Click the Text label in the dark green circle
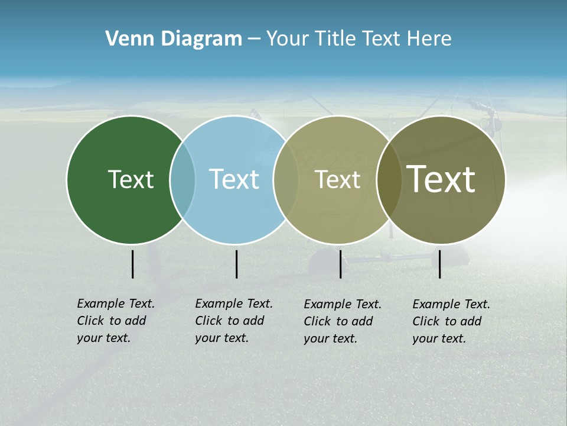(x=131, y=179)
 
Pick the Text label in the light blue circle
(x=234, y=179)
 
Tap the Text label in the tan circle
(x=337, y=179)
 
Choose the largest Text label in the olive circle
(x=441, y=179)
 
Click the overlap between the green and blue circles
(x=183, y=179)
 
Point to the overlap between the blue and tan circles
(x=286, y=179)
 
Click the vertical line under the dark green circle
(x=132, y=264)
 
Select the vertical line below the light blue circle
(x=236, y=264)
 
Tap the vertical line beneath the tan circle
(x=340, y=264)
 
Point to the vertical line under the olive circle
(x=439, y=264)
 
